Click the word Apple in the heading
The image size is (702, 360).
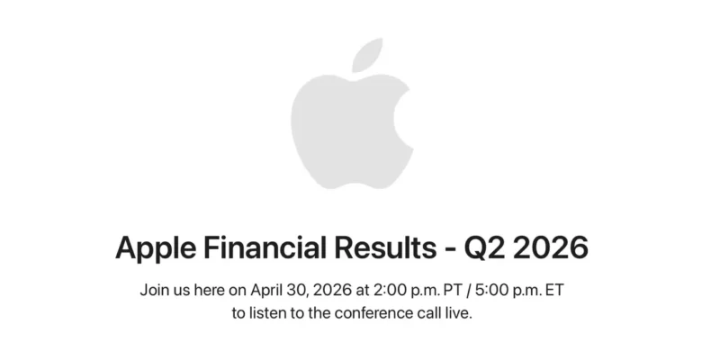[x=153, y=246]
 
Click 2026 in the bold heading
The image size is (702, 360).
[x=552, y=246]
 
